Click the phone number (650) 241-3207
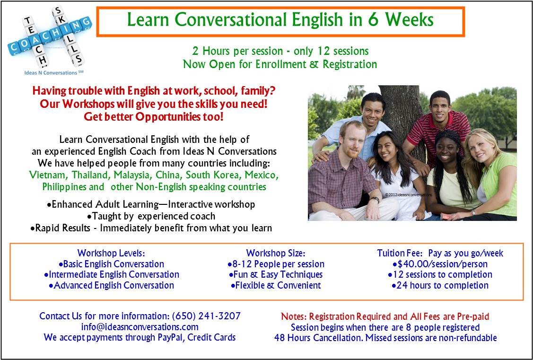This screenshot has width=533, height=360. click(x=206, y=316)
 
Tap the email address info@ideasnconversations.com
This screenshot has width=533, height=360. click(x=140, y=327)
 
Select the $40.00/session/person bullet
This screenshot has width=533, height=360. click(x=440, y=264)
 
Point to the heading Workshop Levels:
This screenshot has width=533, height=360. click(x=111, y=253)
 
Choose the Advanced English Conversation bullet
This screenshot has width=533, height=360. click(x=111, y=285)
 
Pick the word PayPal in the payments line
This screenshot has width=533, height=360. click(x=172, y=337)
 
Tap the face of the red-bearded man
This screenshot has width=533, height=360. click(x=350, y=140)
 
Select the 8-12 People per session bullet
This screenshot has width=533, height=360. click(x=276, y=264)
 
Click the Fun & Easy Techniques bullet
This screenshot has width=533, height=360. click(x=276, y=274)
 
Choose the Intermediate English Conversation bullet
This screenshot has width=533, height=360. click(x=111, y=274)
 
